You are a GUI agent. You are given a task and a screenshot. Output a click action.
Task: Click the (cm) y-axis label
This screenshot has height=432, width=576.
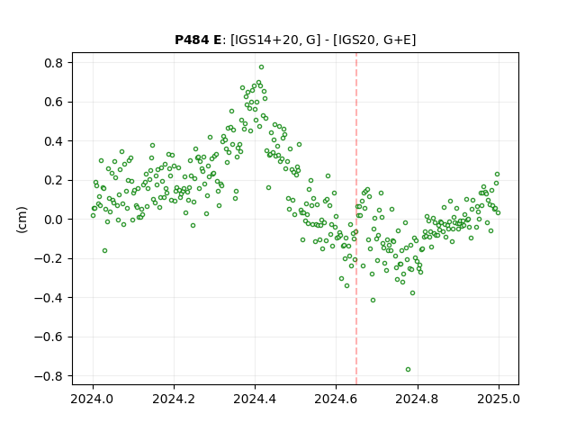pyautogui.click(x=22, y=220)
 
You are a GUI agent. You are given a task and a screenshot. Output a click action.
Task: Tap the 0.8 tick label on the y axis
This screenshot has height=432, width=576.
pyautogui.click(x=54, y=63)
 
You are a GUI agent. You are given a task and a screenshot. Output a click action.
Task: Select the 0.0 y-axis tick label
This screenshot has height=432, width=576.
pyautogui.click(x=54, y=220)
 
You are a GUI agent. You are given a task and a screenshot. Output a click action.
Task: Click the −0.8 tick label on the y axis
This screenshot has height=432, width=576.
pyautogui.click(x=49, y=376)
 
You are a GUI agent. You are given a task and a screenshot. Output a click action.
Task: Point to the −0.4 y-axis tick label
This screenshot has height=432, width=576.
pyautogui.click(x=49, y=298)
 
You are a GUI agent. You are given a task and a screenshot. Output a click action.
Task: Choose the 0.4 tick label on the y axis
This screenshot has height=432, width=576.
pyautogui.click(x=54, y=141)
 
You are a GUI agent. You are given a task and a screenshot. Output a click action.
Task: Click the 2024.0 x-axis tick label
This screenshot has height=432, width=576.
pyautogui.click(x=93, y=399)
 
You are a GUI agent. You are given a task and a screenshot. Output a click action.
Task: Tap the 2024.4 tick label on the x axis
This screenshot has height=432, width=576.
pyautogui.click(x=255, y=399)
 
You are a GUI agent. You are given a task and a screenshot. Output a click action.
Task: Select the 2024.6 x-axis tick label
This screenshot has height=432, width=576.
pyautogui.click(x=336, y=399)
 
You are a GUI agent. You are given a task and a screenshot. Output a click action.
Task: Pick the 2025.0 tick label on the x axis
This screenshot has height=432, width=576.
pyautogui.click(x=499, y=399)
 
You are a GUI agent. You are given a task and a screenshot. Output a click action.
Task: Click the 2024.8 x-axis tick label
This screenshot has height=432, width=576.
pyautogui.click(x=417, y=399)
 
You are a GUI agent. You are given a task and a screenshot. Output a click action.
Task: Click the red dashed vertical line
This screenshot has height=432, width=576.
pyautogui.click(x=356, y=219)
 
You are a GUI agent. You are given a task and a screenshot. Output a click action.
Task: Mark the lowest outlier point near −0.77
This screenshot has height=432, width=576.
pyautogui.click(x=408, y=369)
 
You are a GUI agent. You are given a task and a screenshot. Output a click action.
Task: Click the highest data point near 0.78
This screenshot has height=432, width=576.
pyautogui.click(x=261, y=67)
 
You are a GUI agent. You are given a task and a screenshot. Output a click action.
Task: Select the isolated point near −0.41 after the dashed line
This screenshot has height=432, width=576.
pyautogui.click(x=373, y=300)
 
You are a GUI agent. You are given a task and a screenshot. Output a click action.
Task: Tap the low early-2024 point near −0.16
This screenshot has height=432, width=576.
pyautogui.click(x=104, y=250)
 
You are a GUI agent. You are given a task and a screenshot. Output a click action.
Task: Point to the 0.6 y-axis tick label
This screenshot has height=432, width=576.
pyautogui.click(x=54, y=102)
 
